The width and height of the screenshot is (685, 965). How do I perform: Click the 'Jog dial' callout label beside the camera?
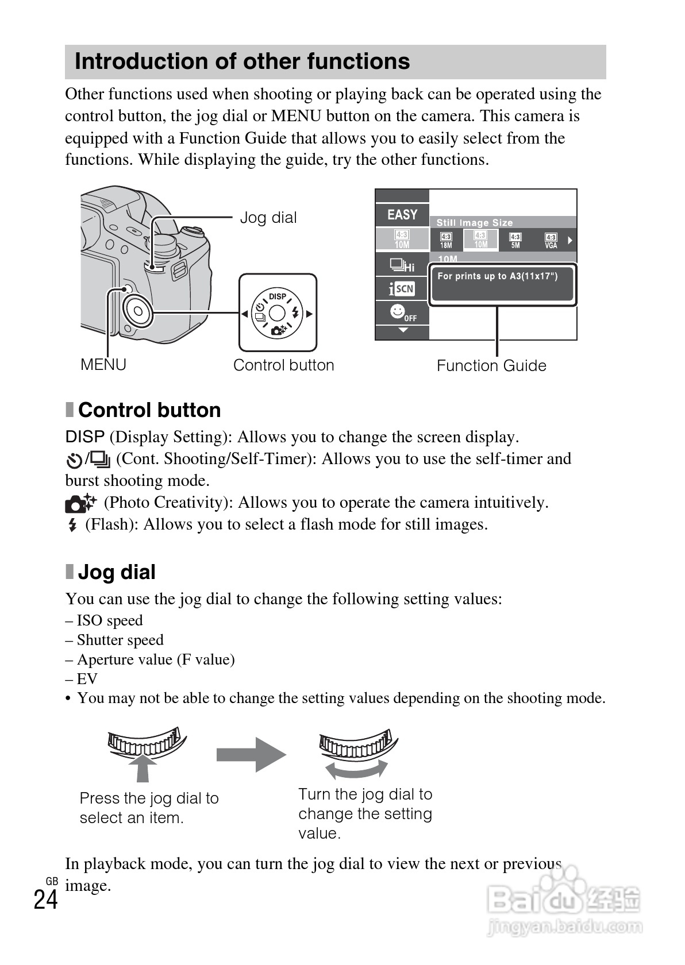[x=268, y=218]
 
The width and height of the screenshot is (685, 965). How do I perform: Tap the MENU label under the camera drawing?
[x=103, y=365]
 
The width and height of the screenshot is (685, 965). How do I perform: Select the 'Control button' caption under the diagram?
[x=283, y=365]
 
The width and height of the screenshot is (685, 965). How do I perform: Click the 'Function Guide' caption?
[x=491, y=366]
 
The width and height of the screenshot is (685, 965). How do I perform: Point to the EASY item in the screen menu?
[x=402, y=215]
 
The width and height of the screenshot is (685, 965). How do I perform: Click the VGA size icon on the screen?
[x=551, y=240]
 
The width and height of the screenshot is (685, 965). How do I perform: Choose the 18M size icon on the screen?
[x=446, y=240]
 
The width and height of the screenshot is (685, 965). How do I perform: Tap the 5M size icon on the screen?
[x=515, y=240]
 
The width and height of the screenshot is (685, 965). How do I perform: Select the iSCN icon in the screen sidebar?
[x=402, y=288]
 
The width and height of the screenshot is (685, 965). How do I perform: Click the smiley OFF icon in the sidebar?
[x=402, y=313]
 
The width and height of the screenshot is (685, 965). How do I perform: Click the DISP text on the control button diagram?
[x=278, y=296]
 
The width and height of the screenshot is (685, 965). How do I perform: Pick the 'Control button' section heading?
[x=149, y=410]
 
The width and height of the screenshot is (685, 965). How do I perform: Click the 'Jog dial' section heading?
[x=117, y=572]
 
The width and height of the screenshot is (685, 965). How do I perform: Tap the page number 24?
[x=45, y=900]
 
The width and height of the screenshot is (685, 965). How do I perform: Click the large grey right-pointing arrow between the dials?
[x=251, y=754]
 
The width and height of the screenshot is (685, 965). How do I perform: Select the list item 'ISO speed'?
[x=109, y=620]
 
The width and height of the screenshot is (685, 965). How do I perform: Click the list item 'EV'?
[x=87, y=679]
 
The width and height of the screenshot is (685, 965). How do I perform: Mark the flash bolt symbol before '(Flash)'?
[x=72, y=525]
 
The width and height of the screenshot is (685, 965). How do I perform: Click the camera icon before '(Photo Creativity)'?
[x=81, y=503]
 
